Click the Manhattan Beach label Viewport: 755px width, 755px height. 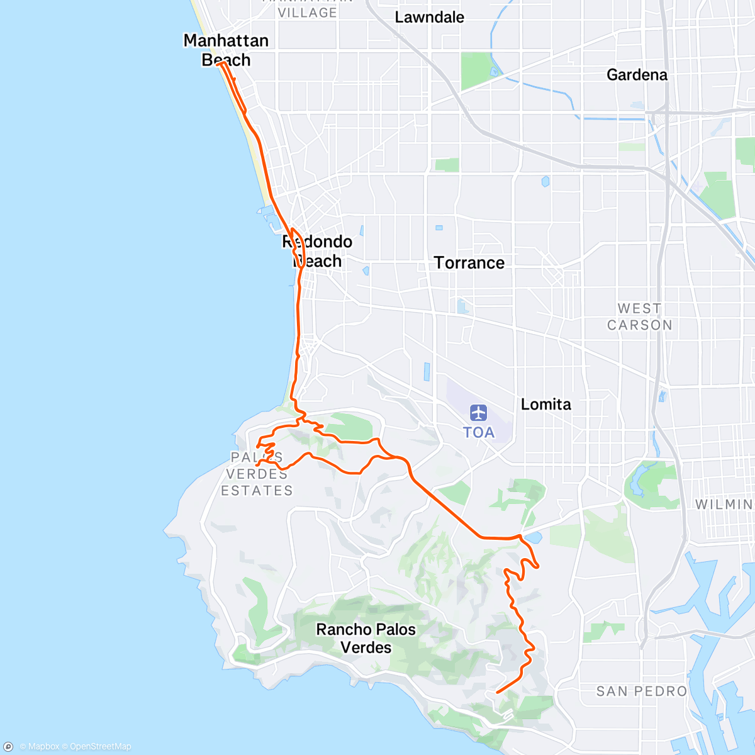[225, 50]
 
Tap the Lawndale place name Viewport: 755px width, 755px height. [429, 17]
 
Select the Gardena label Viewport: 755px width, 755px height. [637, 75]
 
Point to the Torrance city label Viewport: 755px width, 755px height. [469, 263]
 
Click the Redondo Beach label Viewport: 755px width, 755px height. [318, 251]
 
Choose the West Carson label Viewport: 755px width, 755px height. [639, 316]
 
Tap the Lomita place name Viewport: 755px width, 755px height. [545, 405]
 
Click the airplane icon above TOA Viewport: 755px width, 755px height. [479, 413]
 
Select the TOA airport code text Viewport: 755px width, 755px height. [479, 432]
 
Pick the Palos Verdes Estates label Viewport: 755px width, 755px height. [257, 474]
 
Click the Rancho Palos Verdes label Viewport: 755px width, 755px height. [366, 638]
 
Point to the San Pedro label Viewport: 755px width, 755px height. [641, 691]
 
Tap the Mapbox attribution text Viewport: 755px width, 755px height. [39, 747]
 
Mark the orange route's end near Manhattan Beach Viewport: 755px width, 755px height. [218, 64]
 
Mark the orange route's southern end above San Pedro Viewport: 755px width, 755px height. [497, 692]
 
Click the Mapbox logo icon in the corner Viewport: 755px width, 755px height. [8, 747]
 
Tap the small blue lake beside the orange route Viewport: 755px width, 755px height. [533, 538]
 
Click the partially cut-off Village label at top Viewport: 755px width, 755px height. [307, 11]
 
